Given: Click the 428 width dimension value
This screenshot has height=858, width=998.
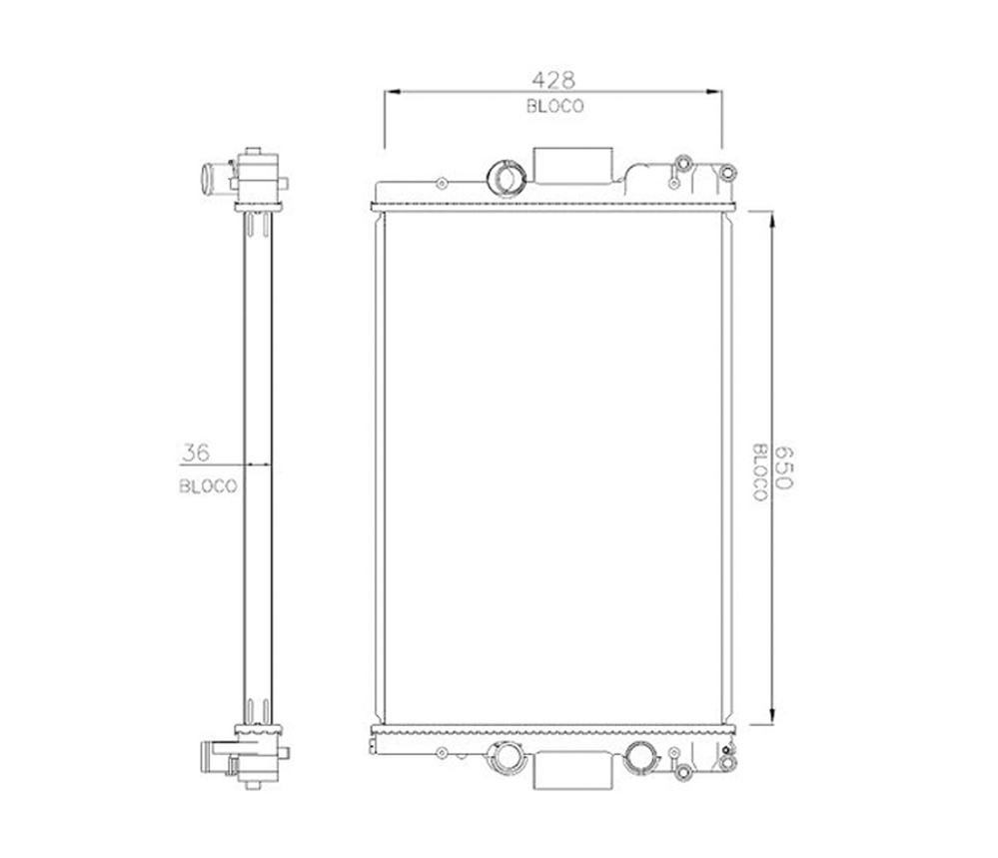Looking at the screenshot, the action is pos(553,80).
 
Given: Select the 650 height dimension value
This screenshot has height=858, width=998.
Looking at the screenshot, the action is pos(784,467).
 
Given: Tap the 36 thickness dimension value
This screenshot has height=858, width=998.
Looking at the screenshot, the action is pos(196,452).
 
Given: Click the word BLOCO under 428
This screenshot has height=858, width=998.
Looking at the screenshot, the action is pos(554,106).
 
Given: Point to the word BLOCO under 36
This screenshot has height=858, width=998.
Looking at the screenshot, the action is pos(208,486).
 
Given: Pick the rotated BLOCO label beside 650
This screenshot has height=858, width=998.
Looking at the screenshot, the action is pos(760,472).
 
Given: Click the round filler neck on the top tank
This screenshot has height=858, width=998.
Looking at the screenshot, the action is pos(506,178).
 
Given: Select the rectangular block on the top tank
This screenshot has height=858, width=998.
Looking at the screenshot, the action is pos(572,166).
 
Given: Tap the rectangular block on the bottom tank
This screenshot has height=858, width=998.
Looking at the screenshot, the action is pos(572,771).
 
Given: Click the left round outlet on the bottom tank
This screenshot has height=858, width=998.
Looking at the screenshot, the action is pos(507,758).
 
